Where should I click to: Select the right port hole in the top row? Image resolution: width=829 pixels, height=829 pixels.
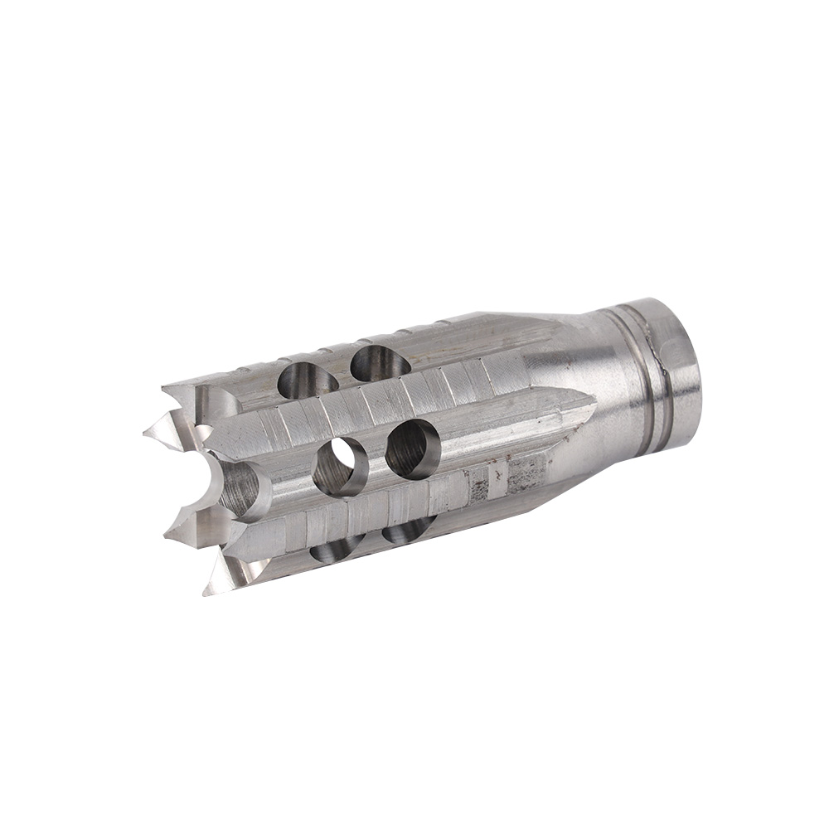click(380, 363)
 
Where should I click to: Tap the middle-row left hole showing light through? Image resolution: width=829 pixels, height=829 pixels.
click(341, 466)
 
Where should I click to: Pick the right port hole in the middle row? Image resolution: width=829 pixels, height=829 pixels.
click(412, 448)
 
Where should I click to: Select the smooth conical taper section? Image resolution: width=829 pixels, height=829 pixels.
click(572, 365)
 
